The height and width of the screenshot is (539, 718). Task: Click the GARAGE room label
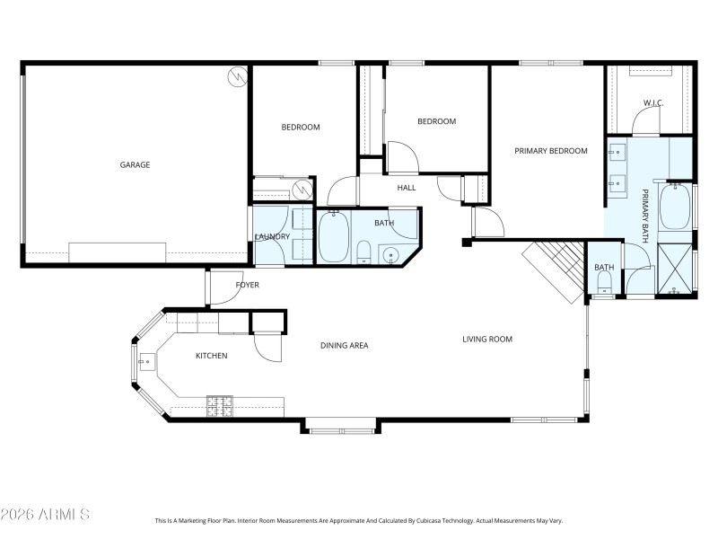[135, 164]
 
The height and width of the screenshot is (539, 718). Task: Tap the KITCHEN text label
[212, 356]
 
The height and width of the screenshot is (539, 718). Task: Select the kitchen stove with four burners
[220, 406]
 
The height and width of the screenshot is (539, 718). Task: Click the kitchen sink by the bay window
[144, 362]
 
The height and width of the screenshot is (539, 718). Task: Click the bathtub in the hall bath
[334, 237]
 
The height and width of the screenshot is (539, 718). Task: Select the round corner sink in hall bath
[391, 256]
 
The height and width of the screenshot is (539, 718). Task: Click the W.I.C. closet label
[652, 103]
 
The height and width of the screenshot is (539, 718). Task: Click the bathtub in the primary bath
[675, 207]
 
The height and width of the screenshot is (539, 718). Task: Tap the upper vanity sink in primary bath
[618, 152]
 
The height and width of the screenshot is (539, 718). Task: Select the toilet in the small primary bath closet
[603, 285]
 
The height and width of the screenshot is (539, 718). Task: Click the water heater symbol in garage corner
[237, 77]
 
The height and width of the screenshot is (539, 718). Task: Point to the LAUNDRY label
[272, 236]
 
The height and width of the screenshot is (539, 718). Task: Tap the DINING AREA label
[345, 345]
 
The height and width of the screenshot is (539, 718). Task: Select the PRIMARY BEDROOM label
[551, 151]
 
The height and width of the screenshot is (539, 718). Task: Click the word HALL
[407, 188]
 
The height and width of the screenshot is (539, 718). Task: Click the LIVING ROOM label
[487, 339]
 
